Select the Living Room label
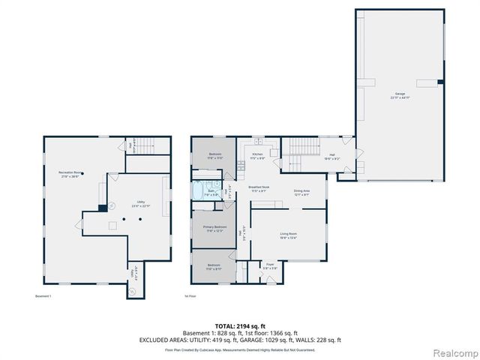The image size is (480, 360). pyautogui.click(x=289, y=236)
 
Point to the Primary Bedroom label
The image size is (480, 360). pyautogui.click(x=215, y=229)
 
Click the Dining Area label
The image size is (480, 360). pyautogui.click(x=302, y=191)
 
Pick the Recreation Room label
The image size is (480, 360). pyautogui.click(x=71, y=174)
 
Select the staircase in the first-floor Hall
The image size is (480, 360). pyautogui.click(x=304, y=147)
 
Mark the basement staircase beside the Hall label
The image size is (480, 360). pyautogui.click(x=146, y=147)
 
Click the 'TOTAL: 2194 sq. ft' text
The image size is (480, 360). pyautogui.click(x=239, y=324)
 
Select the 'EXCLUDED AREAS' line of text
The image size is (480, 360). pyautogui.click(x=239, y=340)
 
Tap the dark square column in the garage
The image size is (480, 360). pyautogui.click(x=440, y=81)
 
